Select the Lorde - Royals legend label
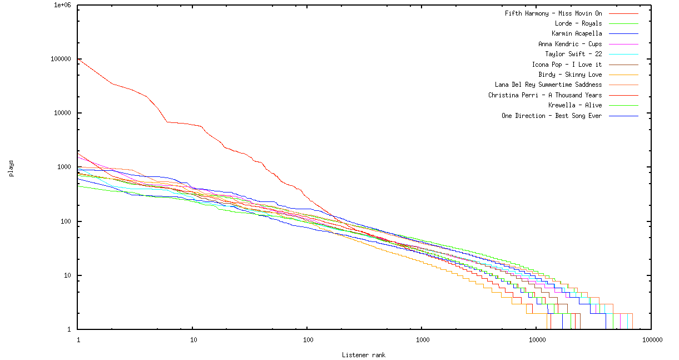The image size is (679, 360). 578,23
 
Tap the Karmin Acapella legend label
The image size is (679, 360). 576,33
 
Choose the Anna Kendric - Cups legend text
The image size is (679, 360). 569,44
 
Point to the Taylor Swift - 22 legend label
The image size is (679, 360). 573,54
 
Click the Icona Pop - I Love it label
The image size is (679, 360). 567,65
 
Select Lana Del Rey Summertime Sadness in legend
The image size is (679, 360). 548,85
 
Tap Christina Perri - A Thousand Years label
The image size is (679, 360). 544,95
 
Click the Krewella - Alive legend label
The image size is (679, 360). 574,105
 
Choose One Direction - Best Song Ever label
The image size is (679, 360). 551,116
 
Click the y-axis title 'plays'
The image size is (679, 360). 11,168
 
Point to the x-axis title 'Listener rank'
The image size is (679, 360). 364,355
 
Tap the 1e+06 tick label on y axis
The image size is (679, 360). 63,5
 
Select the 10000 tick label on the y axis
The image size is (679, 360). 65,113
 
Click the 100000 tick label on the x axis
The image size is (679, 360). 651,339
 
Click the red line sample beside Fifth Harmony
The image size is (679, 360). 623,13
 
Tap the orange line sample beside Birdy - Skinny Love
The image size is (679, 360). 623,75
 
